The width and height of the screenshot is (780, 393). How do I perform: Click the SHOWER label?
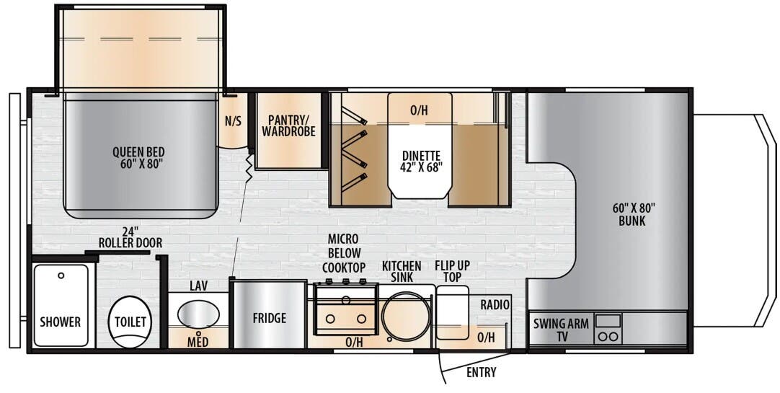tap(61, 322)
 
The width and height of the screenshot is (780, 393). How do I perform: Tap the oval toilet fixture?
tap(130, 322)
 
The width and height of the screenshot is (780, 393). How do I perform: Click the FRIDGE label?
tap(269, 318)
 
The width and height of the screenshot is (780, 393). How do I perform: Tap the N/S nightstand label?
tap(233, 121)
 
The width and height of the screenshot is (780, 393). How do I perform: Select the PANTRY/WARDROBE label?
tap(289, 125)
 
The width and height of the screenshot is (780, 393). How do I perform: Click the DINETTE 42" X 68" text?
tap(422, 161)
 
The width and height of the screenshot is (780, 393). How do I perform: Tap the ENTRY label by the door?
tap(481, 372)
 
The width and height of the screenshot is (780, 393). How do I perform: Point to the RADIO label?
tap(495, 305)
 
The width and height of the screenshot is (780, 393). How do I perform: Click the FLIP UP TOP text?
tap(452, 272)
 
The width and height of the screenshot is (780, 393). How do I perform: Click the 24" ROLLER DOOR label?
tap(130, 237)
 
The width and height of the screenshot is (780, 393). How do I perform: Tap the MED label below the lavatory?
tap(198, 341)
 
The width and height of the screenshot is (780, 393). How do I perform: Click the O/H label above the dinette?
tap(419, 110)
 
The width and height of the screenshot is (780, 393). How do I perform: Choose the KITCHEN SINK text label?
tap(402, 272)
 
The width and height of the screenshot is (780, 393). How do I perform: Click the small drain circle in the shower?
tap(61, 275)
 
